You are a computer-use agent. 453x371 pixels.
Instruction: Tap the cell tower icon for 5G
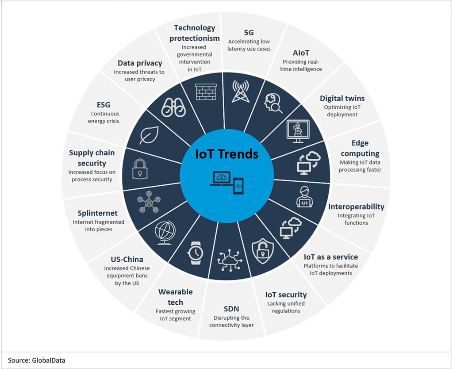[x=241, y=89]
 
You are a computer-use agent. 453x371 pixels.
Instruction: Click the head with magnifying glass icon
[x=274, y=104]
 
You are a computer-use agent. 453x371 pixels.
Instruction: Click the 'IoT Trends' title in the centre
[x=227, y=154]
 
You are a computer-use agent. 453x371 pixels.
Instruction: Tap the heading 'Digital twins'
[x=342, y=98]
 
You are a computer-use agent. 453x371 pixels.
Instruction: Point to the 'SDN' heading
[x=231, y=309]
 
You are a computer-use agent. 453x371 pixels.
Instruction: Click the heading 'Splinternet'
[x=97, y=213]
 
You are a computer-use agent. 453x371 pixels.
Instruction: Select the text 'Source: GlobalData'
[x=37, y=360]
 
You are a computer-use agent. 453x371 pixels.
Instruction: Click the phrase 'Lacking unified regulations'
[x=286, y=307]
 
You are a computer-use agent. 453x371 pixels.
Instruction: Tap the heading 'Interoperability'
[x=356, y=207]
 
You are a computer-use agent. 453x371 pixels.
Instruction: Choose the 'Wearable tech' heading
[x=175, y=297]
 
